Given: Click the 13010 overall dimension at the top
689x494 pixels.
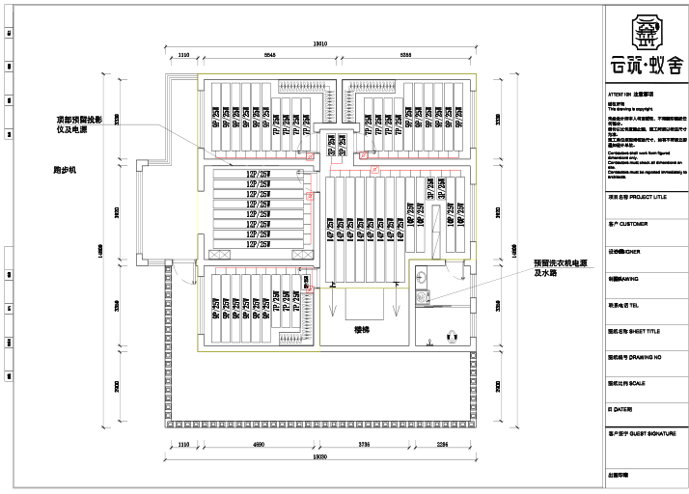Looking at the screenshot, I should click(x=320, y=43).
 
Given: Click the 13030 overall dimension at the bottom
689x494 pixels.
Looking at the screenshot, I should click(x=320, y=455).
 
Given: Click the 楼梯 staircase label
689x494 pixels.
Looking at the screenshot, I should click(x=362, y=330).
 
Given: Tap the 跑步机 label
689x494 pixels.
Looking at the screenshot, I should click(x=65, y=170).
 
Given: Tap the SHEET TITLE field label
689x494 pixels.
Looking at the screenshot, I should click(x=640, y=330).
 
